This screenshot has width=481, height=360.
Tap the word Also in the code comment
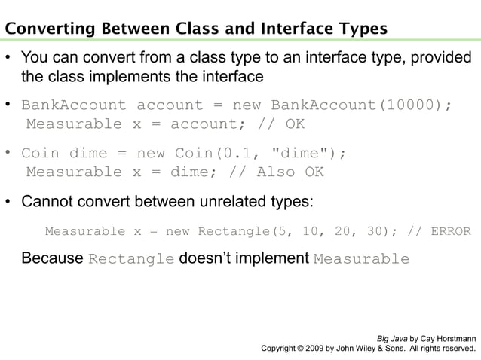pyautogui.click(x=276, y=172)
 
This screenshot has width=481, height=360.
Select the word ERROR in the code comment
pyautogui.click(x=450, y=231)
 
